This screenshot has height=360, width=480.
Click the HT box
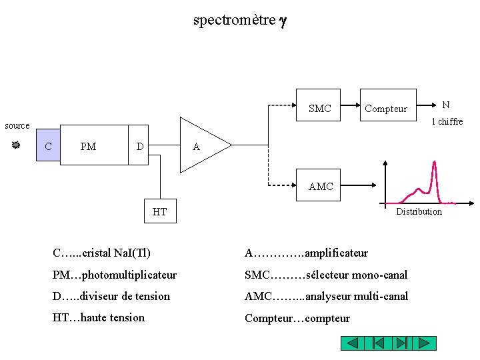point(160,212)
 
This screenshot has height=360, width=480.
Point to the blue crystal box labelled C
point(49,145)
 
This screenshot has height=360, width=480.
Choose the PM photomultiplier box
point(93,145)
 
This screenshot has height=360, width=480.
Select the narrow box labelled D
point(139,145)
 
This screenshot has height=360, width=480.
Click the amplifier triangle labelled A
point(200,145)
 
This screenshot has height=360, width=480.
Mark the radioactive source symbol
point(16,145)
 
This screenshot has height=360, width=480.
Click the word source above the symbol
point(17,125)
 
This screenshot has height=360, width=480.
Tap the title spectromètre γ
point(239,20)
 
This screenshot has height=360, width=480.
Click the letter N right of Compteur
point(445,105)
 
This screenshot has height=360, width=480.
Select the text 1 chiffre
point(447,121)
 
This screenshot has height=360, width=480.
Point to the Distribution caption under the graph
point(419,211)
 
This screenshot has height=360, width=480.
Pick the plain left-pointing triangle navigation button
point(353,343)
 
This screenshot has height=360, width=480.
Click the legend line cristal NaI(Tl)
point(101,253)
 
